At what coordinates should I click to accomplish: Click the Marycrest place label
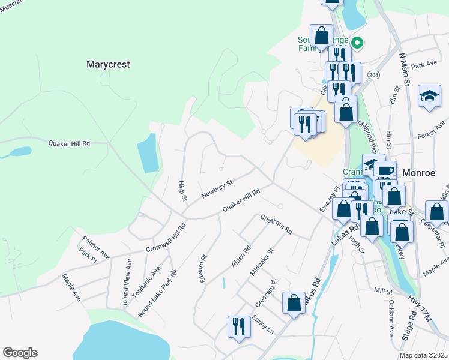coord(108,64)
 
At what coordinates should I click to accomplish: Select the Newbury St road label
coord(216,189)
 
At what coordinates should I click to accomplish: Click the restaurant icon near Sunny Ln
coord(239,326)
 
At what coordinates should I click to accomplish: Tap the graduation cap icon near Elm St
coord(429,96)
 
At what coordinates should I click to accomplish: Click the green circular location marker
coord(357,43)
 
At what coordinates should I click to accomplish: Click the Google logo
coord(20,353)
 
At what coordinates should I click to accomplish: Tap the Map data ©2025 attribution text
coord(423,355)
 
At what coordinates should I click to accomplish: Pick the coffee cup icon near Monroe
coord(384,171)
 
